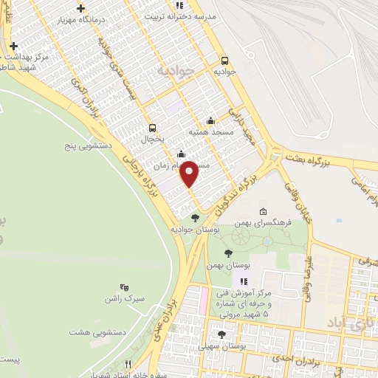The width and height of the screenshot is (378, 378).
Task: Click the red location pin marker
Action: point(189,173)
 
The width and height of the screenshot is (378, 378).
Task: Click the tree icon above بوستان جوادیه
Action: point(195,218)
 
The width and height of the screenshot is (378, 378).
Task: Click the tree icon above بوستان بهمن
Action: point(228,253)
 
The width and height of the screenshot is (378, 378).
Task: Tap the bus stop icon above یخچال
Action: point(153,127)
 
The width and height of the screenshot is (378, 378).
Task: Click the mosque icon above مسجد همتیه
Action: point(211,121)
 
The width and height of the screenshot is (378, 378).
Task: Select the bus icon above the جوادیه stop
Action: point(224,61)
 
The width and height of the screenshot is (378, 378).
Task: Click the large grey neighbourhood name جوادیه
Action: point(176,72)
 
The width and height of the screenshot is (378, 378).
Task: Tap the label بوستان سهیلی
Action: point(227,346)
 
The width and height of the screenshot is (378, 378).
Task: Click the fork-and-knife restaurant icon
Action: point(128,364)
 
